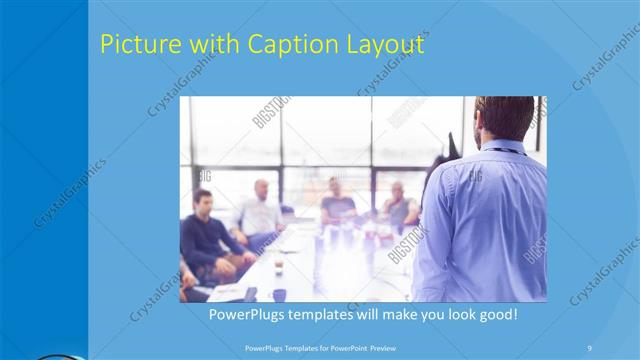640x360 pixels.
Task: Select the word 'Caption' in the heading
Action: tap(283, 46)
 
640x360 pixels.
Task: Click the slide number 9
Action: tap(589, 346)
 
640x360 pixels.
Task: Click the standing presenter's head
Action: tap(505, 119)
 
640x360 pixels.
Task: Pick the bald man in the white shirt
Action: tap(257, 210)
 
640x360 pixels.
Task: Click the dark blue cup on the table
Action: tap(279, 294)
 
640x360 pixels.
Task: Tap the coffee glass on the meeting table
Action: tap(277, 264)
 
